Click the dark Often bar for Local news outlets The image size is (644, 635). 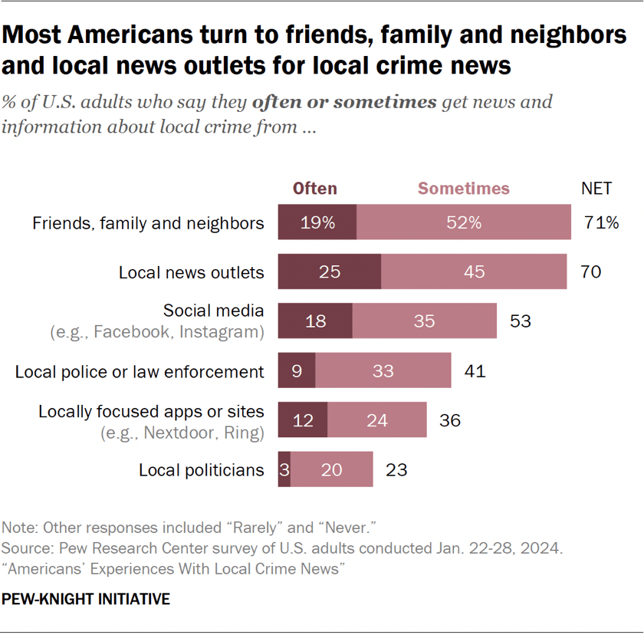click(x=329, y=272)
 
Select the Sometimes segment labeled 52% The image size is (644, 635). click(x=464, y=223)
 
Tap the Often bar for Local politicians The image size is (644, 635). click(x=284, y=469)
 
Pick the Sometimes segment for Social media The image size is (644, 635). click(x=424, y=321)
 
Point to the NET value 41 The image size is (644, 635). click(x=475, y=371)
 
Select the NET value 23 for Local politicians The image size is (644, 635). click(x=396, y=469)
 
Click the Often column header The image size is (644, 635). click(x=314, y=189)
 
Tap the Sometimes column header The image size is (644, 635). click(x=463, y=189)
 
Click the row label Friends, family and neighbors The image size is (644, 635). click(x=148, y=223)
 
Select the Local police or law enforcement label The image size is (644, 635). click(x=140, y=372)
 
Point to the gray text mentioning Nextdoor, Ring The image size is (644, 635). click(x=182, y=433)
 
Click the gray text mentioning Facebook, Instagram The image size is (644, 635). click(x=157, y=333)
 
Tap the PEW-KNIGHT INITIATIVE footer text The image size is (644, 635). click(x=86, y=599)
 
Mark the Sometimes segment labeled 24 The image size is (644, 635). click(x=376, y=420)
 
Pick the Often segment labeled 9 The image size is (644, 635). click(x=296, y=371)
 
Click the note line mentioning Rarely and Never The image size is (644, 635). click(x=187, y=528)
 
